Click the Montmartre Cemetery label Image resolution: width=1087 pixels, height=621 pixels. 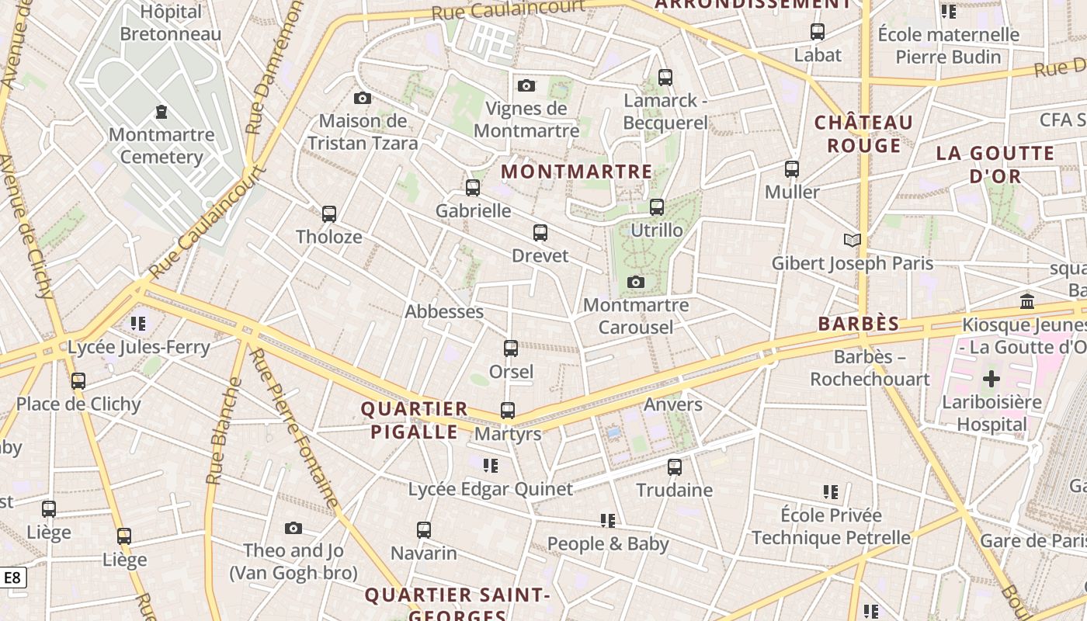[x=161, y=146]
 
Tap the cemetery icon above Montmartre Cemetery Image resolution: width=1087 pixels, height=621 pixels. [x=161, y=113]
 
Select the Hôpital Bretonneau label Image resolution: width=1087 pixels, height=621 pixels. [x=170, y=23]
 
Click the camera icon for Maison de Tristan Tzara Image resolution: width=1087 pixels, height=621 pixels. [x=363, y=98]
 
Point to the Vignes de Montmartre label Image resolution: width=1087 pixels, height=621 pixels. [x=526, y=120]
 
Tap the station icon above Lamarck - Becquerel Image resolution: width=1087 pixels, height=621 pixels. [x=665, y=78]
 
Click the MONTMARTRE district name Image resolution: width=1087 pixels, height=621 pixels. [x=577, y=172]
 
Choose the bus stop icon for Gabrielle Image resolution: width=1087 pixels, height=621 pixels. [x=473, y=188]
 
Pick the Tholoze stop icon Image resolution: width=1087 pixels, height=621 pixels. [x=329, y=214]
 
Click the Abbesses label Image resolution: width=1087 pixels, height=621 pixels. [x=444, y=312]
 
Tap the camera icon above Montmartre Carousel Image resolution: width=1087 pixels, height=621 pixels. [x=636, y=282]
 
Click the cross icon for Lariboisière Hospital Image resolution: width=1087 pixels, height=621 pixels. [x=991, y=380]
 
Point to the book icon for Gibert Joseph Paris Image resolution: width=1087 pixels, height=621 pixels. [x=853, y=241]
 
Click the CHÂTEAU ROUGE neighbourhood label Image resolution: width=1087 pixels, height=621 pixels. [x=863, y=134]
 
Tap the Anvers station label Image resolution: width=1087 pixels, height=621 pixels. [x=672, y=404]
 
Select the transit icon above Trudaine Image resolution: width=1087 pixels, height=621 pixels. [x=675, y=467]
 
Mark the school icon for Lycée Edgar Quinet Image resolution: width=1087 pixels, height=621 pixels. [x=490, y=466]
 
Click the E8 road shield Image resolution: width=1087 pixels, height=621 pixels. [x=12, y=578]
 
